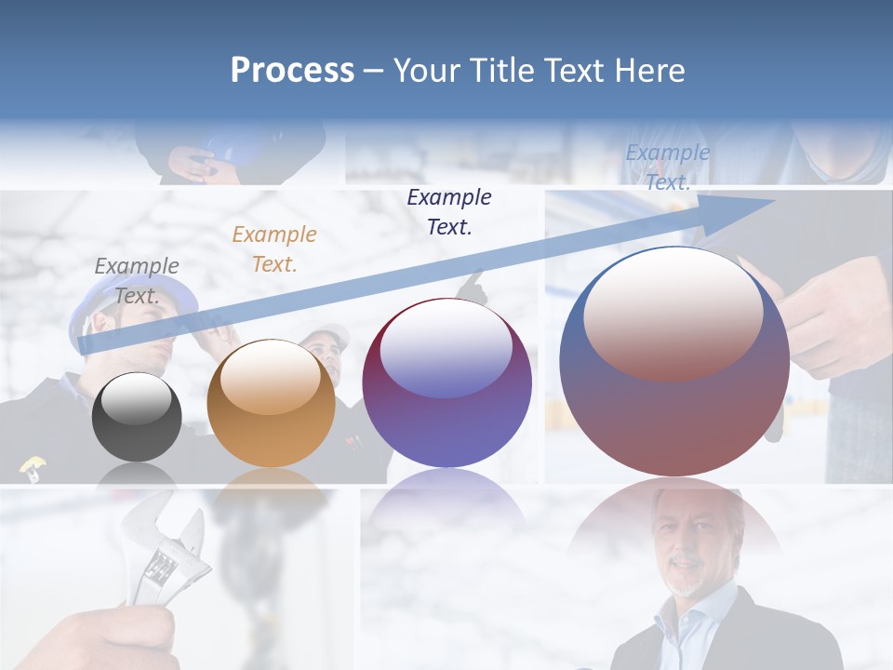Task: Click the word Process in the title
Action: pos(292,71)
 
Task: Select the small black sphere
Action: pos(137,417)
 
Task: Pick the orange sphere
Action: pos(271,405)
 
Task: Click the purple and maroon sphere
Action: pos(446,383)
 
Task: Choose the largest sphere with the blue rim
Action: pos(674,363)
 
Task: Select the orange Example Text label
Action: pos(273,249)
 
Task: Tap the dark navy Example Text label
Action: pos(449,211)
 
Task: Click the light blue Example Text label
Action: pos(667,167)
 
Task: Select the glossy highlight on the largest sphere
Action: pos(673,312)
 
